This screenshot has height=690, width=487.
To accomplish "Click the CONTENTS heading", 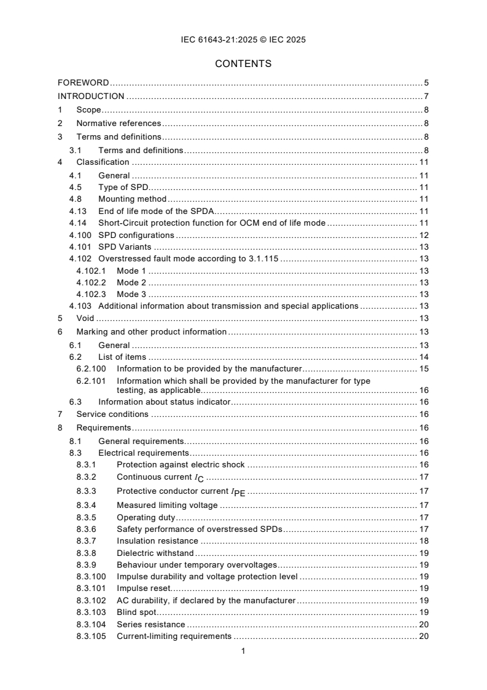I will tap(243, 63).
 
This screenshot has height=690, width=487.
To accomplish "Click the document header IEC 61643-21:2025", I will tap(243, 40).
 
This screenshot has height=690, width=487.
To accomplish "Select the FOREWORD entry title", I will tap(84, 82).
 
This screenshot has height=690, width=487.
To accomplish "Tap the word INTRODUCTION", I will tap(91, 96).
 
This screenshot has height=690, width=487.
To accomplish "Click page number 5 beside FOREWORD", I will tap(426, 82).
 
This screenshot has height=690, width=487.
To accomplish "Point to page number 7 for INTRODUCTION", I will tap(426, 96).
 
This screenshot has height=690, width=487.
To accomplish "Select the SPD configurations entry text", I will tap(136, 235).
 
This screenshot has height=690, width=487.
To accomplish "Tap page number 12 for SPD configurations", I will tap(423, 235).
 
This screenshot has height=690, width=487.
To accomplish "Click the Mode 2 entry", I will tap(132, 282).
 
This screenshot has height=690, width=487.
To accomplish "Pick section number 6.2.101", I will tap(92, 381).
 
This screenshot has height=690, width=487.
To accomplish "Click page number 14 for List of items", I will tap(423, 357).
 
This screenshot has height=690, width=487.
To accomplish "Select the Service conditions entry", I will tap(112, 414).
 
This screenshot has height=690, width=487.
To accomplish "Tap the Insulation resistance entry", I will tap(157, 541).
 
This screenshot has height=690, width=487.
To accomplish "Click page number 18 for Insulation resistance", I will tap(423, 541).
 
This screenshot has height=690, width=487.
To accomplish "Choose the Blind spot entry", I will tap(136, 612).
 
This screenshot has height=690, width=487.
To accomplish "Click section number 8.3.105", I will tap(92, 636).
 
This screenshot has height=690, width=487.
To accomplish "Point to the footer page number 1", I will tap(243, 651).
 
